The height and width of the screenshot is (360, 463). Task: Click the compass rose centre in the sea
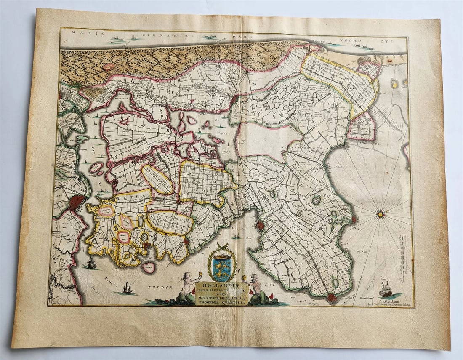point(381,214)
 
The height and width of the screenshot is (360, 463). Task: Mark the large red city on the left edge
point(77,203)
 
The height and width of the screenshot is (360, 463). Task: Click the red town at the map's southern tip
point(332,298)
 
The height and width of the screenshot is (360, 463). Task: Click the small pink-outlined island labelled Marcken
point(148,267)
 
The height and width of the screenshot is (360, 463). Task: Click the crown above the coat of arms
point(222,254)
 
